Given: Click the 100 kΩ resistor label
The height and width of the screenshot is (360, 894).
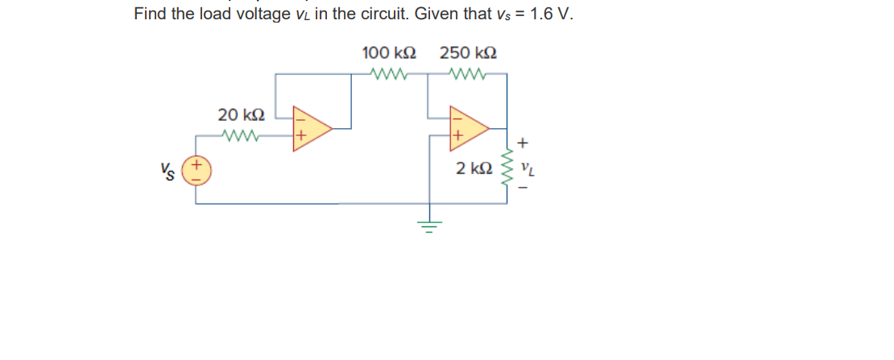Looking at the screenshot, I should [389, 54].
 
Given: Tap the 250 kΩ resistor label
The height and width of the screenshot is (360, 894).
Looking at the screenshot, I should [467, 54].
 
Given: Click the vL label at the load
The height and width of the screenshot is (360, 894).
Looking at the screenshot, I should [528, 169].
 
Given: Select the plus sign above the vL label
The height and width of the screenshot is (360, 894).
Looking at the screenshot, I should [524, 143].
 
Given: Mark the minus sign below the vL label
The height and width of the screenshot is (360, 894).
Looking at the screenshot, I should [525, 190].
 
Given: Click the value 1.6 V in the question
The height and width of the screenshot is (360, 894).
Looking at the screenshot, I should [551, 14].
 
